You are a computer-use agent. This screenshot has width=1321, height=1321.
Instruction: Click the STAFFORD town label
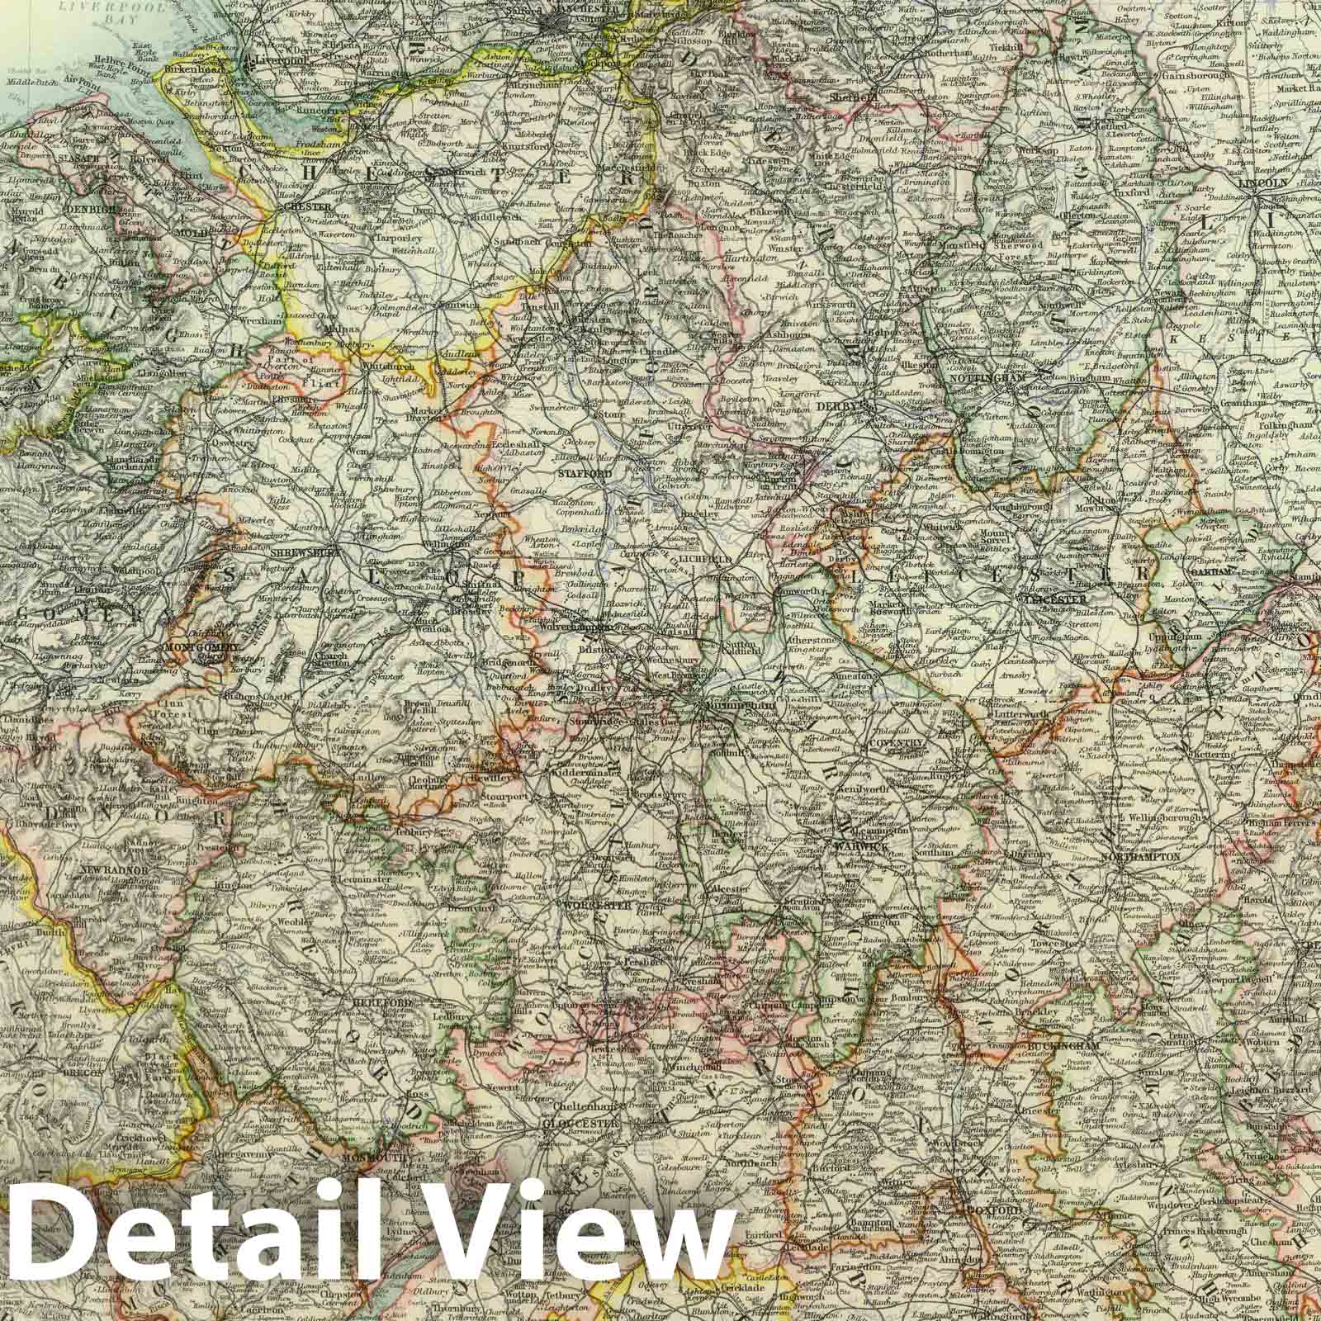click(x=585, y=474)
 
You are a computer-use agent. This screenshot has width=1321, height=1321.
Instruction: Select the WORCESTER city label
click(x=595, y=904)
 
